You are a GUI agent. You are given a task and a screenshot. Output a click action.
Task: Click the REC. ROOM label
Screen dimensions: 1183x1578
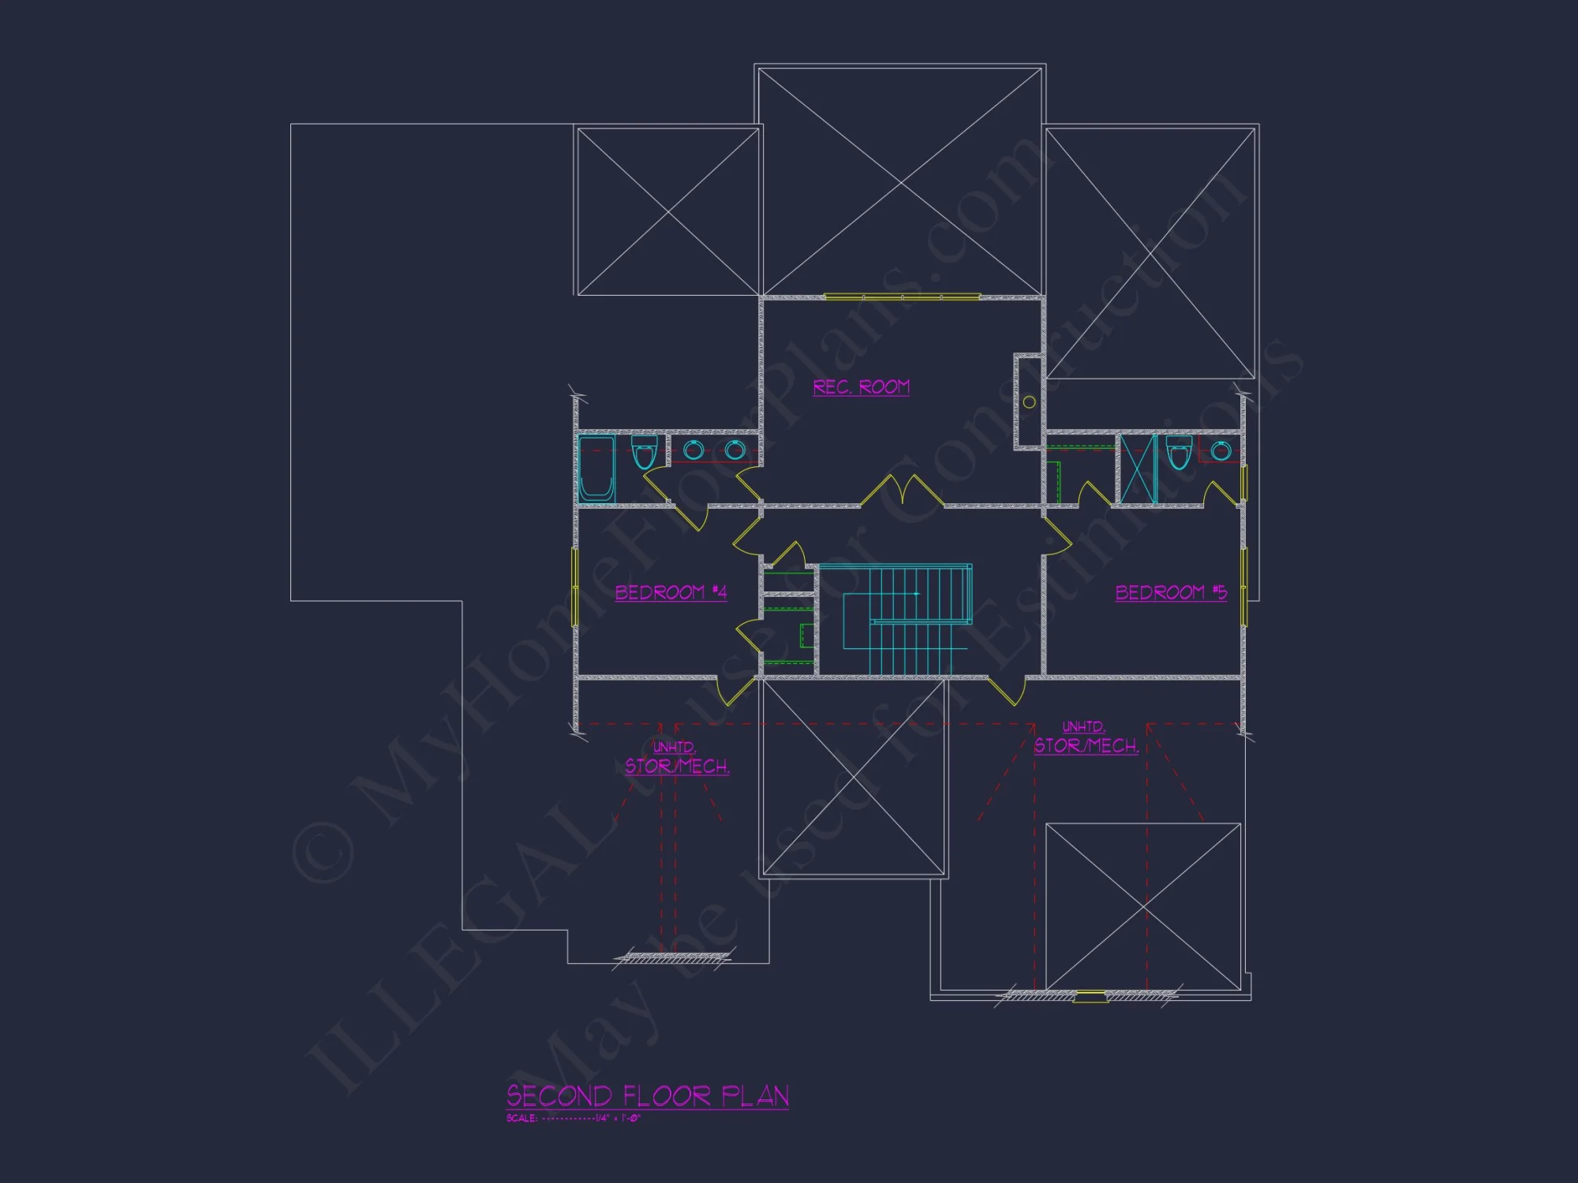(861, 387)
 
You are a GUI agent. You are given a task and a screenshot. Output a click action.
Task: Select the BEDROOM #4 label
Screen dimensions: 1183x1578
(671, 592)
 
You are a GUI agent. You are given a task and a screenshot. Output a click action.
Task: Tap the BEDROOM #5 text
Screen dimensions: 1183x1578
(1171, 592)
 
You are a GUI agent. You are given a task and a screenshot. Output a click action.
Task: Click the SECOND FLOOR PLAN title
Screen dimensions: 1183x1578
(647, 1095)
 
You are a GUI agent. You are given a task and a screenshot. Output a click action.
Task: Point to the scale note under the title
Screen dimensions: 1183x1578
(573, 1118)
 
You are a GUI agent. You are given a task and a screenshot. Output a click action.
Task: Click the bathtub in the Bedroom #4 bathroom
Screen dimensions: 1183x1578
(596, 468)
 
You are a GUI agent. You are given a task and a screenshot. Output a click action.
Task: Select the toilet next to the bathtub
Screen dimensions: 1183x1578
(644, 452)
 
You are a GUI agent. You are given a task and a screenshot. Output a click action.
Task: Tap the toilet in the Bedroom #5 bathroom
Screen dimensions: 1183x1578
(1179, 452)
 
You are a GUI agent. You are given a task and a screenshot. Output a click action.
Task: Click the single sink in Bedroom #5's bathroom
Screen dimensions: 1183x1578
(1221, 451)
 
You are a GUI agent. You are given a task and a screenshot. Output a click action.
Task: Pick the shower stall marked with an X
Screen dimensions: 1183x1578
(1137, 468)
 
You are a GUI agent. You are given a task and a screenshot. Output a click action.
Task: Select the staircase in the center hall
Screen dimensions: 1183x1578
(907, 619)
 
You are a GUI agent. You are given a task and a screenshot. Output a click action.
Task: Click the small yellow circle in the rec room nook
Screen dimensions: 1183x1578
(1029, 402)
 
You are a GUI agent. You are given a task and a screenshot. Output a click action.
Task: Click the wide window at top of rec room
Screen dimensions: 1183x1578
(902, 297)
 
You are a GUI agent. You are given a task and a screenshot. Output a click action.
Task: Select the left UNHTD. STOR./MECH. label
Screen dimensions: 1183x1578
(676, 758)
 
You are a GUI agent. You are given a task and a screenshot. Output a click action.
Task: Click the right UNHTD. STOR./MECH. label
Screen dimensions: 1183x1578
(1086, 737)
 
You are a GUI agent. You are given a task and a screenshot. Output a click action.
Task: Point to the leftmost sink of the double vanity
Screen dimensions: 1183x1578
(694, 450)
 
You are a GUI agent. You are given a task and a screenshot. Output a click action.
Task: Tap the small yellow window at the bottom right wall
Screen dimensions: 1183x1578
(1090, 996)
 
